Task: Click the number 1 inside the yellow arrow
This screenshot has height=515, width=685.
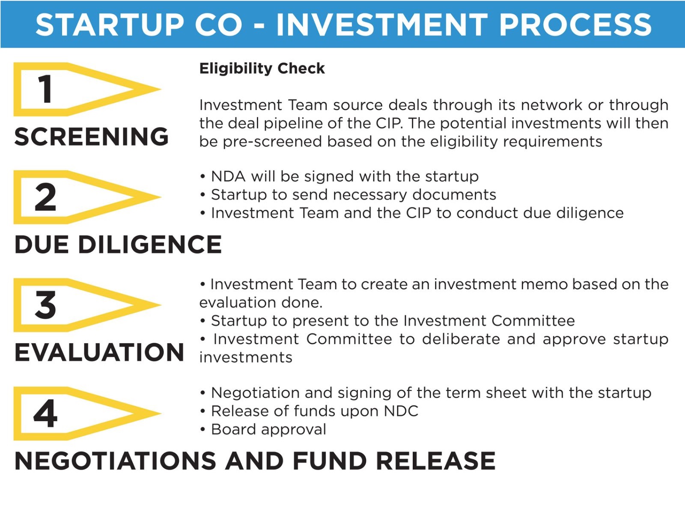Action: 45,89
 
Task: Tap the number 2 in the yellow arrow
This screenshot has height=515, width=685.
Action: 45,197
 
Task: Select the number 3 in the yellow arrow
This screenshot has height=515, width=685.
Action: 45,305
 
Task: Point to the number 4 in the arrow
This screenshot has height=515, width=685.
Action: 45,413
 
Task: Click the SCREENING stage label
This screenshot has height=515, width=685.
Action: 92,137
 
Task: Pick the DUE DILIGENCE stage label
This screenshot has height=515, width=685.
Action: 118,245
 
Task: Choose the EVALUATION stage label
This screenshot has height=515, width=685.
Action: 99,352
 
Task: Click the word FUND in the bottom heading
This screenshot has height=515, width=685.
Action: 330,461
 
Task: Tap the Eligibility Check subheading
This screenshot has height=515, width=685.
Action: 262,69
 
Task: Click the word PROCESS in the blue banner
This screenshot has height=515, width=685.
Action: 575,25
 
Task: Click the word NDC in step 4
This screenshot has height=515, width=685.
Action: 401,411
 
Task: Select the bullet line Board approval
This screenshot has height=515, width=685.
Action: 263,430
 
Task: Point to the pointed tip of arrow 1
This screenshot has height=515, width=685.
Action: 161,89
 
